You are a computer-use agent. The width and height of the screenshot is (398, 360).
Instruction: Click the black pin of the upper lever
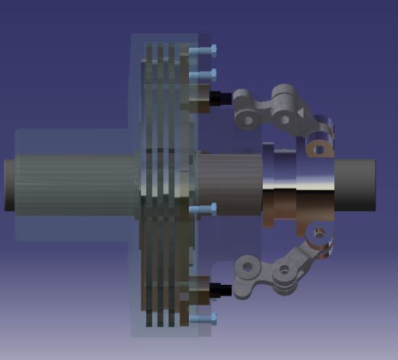[221, 97]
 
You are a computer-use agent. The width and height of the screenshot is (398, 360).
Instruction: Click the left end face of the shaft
[9, 184]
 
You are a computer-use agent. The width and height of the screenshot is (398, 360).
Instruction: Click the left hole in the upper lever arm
[245, 118]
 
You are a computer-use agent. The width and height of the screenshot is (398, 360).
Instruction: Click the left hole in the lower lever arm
[247, 267]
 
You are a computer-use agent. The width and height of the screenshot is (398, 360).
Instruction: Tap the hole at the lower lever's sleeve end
[316, 234]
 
